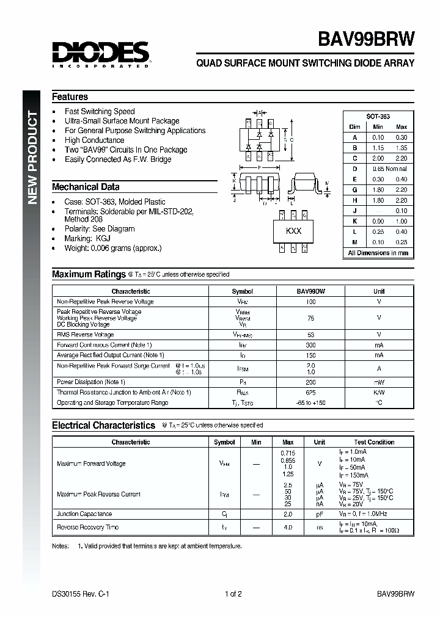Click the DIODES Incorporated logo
click(101, 54)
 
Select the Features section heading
click(70, 97)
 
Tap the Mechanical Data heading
click(86, 187)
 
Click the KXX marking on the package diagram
click(294, 231)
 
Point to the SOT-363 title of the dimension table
click(378, 116)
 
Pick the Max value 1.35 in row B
click(401, 148)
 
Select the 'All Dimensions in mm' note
click(378, 253)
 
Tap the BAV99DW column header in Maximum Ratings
click(310, 292)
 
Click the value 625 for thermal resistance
click(310, 392)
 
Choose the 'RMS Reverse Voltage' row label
click(85, 335)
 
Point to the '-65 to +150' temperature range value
click(310, 403)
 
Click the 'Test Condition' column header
click(374, 442)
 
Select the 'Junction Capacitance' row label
click(84, 514)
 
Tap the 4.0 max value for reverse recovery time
click(288, 527)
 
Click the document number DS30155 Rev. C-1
click(81, 594)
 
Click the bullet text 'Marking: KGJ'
click(87, 239)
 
